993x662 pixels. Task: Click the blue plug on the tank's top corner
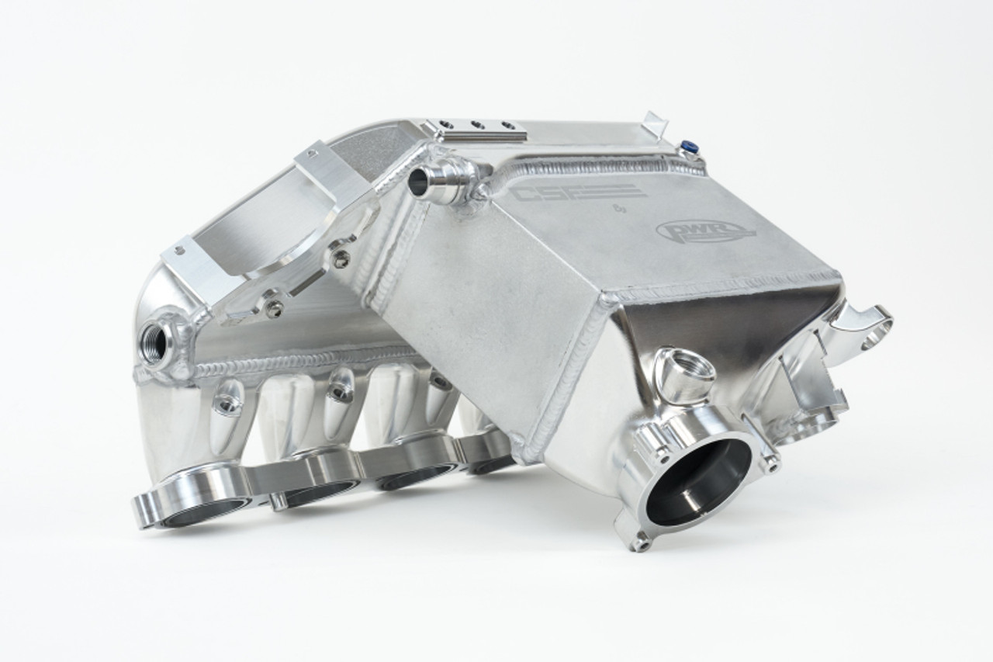click(x=687, y=146)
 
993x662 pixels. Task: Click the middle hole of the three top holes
click(x=477, y=124)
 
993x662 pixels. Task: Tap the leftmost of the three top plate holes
click(x=447, y=123)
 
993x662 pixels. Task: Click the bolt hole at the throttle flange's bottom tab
click(x=638, y=543)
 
